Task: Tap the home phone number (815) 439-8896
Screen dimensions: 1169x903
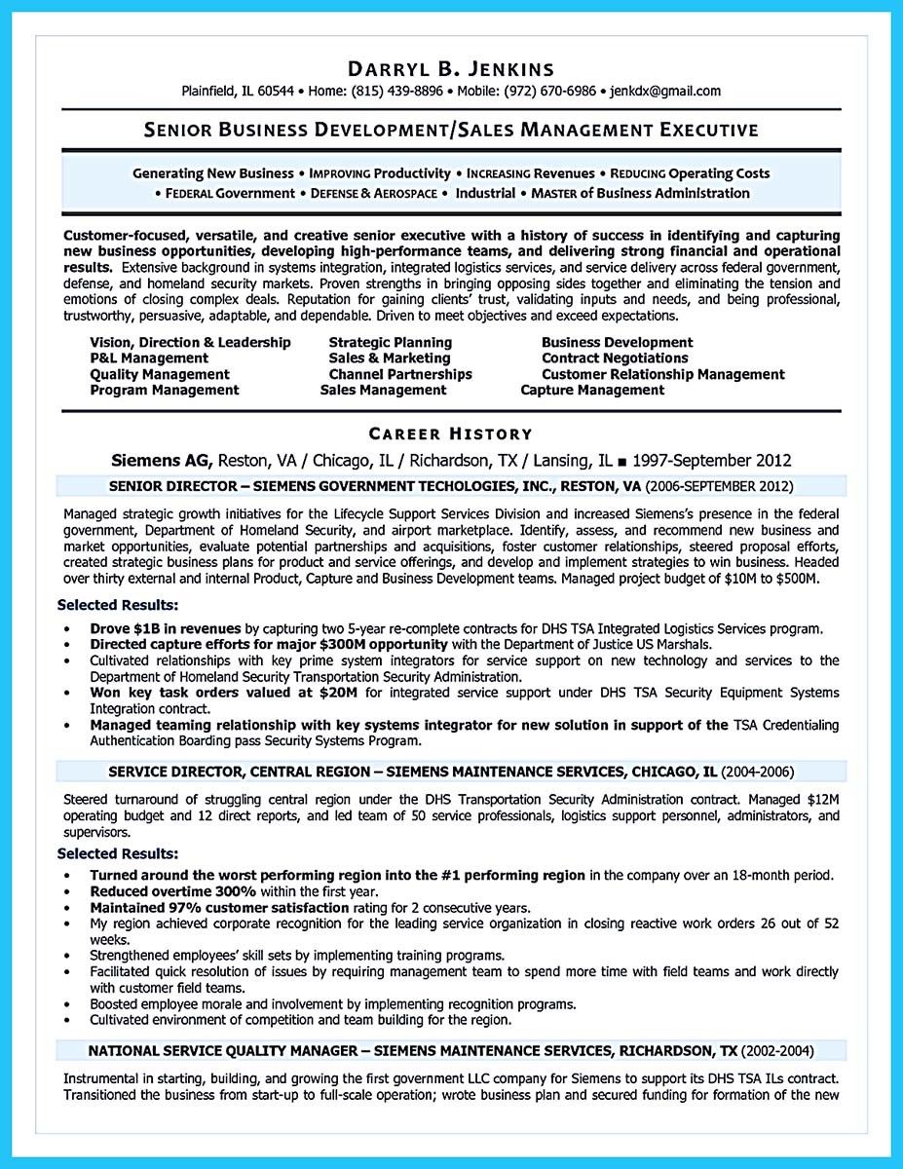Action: (x=397, y=92)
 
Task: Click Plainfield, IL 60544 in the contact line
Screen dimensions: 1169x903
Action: (x=238, y=92)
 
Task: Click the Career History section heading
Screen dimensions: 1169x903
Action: (x=450, y=434)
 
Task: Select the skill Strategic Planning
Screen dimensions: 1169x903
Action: (x=390, y=342)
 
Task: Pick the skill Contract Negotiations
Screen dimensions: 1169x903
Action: (x=615, y=358)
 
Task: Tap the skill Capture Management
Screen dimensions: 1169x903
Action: (x=592, y=390)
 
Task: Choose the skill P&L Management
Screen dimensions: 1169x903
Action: (x=149, y=358)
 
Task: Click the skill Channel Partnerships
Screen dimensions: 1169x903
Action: (x=399, y=374)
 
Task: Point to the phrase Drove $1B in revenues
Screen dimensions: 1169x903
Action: (x=166, y=629)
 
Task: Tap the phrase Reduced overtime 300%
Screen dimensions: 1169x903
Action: (x=172, y=890)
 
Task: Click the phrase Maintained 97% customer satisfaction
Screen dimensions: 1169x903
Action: (x=219, y=906)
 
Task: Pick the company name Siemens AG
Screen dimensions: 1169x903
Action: (x=160, y=460)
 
